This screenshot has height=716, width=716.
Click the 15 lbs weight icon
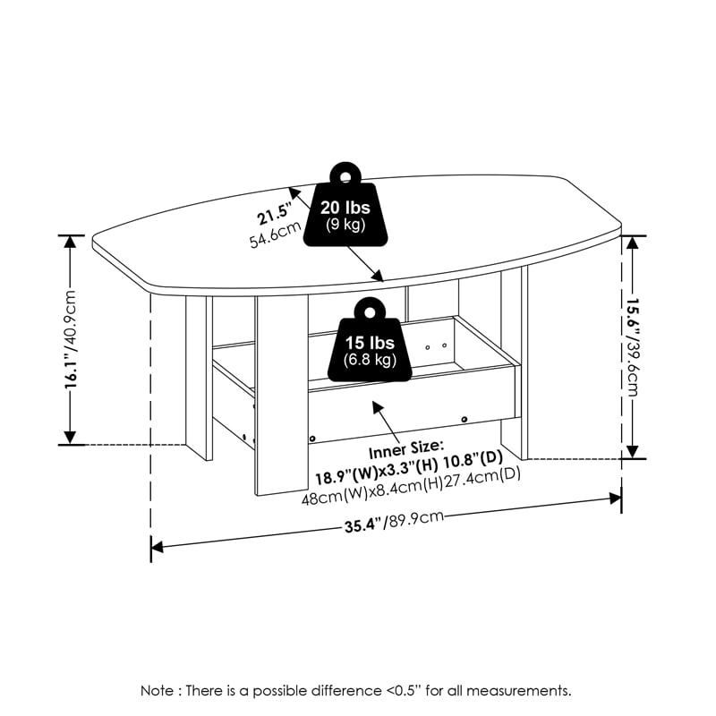pyautogui.click(x=370, y=339)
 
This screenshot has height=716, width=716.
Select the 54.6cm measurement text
pyautogui.click(x=276, y=234)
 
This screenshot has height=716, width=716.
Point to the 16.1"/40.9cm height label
pyautogui.click(x=71, y=339)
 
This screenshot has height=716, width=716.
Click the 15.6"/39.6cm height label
pyautogui.click(x=633, y=346)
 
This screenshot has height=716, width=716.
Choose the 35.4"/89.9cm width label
pyautogui.click(x=394, y=522)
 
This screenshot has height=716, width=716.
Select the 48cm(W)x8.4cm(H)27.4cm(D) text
pyautogui.click(x=411, y=486)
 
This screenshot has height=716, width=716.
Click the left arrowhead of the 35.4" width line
pyautogui.click(x=157, y=547)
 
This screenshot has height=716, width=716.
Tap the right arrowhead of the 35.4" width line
pyautogui.click(x=616, y=498)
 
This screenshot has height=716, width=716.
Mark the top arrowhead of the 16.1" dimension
pyautogui.click(x=71, y=242)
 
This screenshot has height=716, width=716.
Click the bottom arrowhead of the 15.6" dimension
pyautogui.click(x=633, y=452)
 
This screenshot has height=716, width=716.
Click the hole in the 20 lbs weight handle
pyautogui.click(x=345, y=176)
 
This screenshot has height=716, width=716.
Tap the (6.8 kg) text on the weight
pyautogui.click(x=370, y=360)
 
